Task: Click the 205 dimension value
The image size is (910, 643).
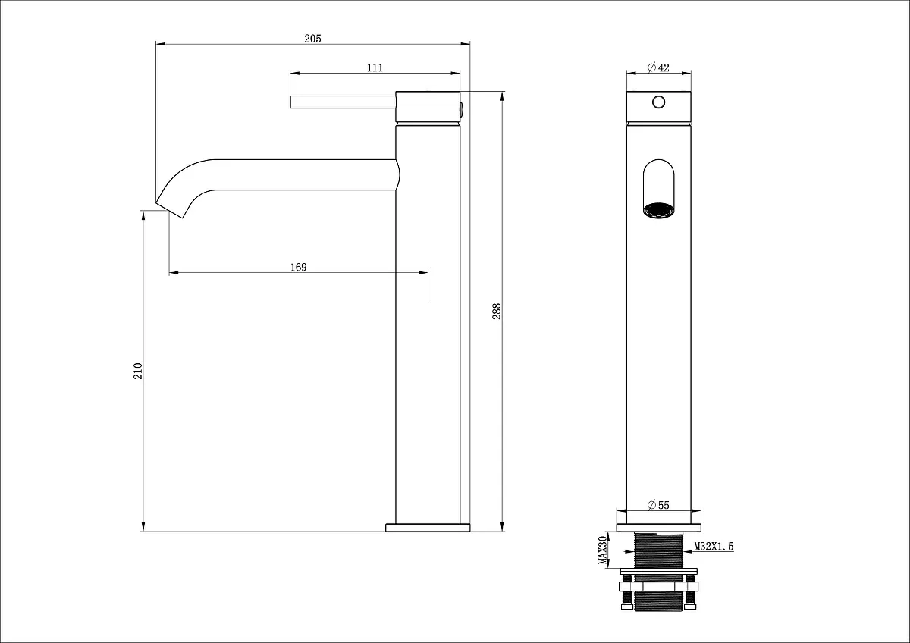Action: [x=312, y=39]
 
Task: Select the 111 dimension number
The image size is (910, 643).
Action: [x=375, y=67]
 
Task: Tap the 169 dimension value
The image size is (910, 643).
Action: [x=299, y=267]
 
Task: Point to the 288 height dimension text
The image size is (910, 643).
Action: [x=497, y=311]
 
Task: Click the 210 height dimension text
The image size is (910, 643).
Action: [x=138, y=371]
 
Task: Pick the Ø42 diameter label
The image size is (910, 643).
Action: [x=658, y=67]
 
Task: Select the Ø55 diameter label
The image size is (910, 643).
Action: [x=658, y=505]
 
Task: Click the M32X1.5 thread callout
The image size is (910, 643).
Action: [x=714, y=547]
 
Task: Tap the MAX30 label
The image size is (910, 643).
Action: [x=602, y=550]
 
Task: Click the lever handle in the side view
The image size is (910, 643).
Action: [x=343, y=102]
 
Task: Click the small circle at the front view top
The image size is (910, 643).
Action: [x=658, y=102]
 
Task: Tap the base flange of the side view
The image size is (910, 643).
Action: [x=428, y=528]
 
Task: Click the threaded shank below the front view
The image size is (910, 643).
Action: [x=658, y=550]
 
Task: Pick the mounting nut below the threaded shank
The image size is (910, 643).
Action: [x=658, y=587]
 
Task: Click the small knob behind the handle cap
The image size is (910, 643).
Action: [x=462, y=110]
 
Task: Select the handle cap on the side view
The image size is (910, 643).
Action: [x=428, y=106]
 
